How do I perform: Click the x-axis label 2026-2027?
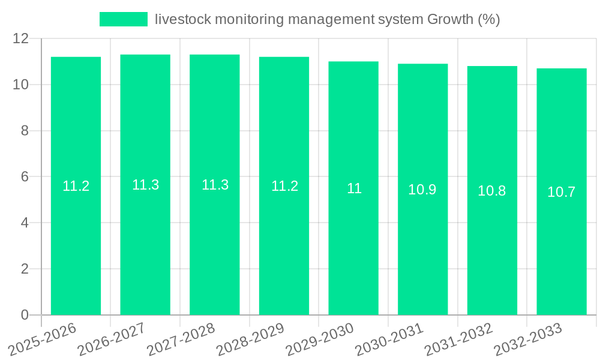point(110,340)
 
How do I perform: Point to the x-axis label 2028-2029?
point(250,340)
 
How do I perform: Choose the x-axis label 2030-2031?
point(388,340)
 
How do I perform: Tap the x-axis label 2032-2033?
point(527,340)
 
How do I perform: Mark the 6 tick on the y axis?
point(25,177)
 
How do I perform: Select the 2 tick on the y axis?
point(25,269)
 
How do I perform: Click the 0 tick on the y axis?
point(25,315)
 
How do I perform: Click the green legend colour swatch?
point(123,19)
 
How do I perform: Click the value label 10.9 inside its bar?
point(422,190)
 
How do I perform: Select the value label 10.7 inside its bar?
point(562,192)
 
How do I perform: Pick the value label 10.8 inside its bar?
point(492,191)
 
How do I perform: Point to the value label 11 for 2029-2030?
point(354,188)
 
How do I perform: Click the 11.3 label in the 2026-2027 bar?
point(146,185)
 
